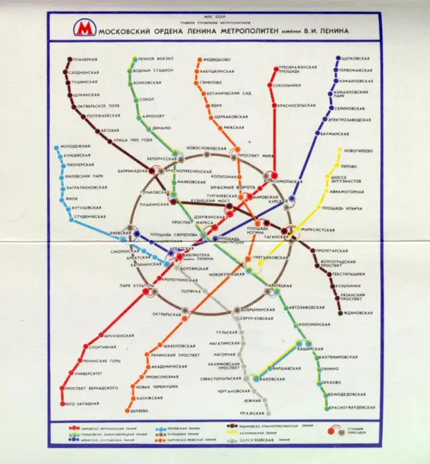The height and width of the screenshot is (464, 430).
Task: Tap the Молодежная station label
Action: pos(76,146)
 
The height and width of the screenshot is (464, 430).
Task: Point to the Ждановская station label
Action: pos(359,313)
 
